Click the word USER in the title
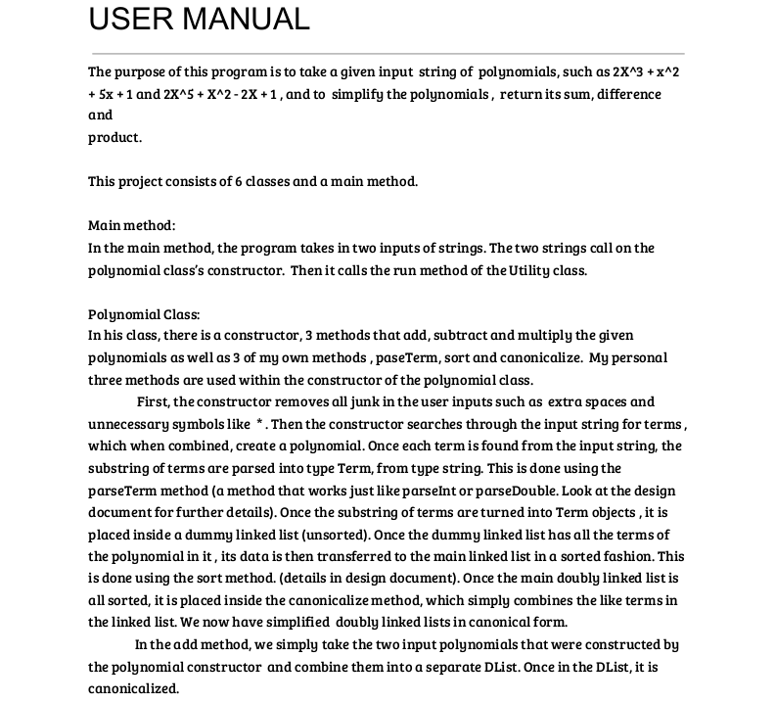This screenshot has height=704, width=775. click(x=127, y=18)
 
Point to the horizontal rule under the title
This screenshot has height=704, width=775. click(x=387, y=54)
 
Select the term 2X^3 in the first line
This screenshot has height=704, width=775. click(x=630, y=71)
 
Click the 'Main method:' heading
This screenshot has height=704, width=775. click(x=132, y=225)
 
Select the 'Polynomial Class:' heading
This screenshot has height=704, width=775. click(x=144, y=314)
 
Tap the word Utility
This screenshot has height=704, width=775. click(x=529, y=270)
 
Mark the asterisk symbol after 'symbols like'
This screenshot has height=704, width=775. click(x=259, y=424)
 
